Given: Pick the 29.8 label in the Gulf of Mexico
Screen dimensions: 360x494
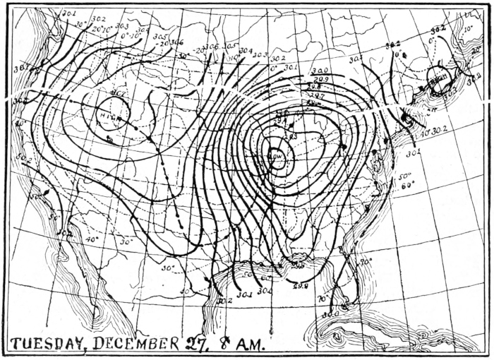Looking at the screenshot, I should (300, 286).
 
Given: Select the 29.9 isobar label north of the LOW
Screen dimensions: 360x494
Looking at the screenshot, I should (320, 79).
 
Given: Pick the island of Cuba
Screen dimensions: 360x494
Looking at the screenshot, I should (395, 332).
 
